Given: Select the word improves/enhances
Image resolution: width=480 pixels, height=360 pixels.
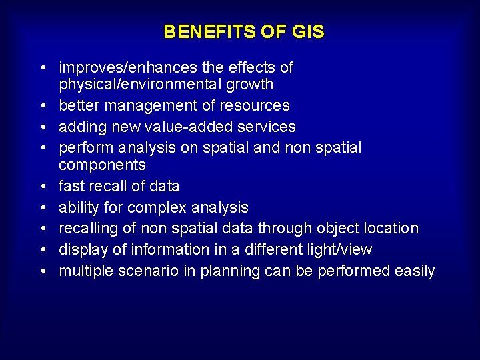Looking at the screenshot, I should click(127, 68).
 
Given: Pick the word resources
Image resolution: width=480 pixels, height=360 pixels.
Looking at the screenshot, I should click(256, 105).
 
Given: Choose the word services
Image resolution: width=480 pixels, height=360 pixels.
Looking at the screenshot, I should click(267, 127).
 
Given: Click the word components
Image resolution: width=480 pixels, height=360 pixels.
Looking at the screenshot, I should click(102, 165).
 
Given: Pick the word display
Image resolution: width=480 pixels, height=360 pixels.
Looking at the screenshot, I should click(81, 249).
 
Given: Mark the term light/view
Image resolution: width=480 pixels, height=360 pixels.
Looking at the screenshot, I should click(339, 249).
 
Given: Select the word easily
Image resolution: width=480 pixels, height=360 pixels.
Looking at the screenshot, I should click(414, 271).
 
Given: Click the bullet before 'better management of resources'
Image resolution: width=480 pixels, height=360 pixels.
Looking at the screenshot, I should click(42, 106).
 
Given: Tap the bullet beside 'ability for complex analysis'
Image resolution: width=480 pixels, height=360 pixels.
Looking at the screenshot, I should click(42, 207).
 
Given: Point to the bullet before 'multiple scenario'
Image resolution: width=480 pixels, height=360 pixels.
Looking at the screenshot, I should click(42, 271).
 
